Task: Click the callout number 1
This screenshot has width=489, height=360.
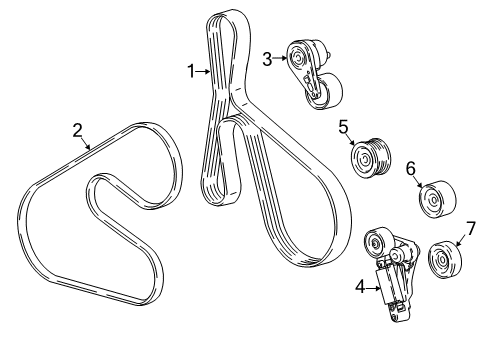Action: tap(190, 70)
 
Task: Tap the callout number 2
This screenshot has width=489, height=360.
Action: tap(77, 129)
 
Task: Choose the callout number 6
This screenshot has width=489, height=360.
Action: tap(410, 170)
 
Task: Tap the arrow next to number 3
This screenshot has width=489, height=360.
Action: tap(280, 58)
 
